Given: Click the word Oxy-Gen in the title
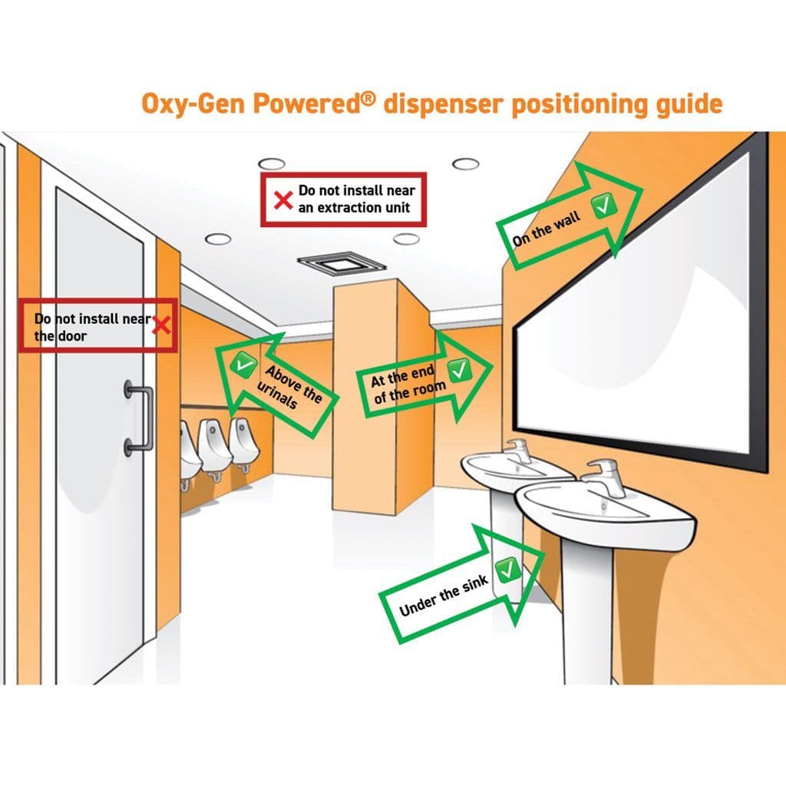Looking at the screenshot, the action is pyautogui.click(x=193, y=104).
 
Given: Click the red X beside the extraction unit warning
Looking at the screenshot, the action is pyautogui.click(x=283, y=200).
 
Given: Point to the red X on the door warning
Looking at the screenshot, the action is pyautogui.click(x=161, y=325).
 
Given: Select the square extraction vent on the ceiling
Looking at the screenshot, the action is pyautogui.click(x=342, y=264).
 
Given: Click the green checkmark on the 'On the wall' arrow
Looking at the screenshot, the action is pyautogui.click(x=603, y=205).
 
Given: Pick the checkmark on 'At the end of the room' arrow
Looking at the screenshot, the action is pyautogui.click(x=459, y=371).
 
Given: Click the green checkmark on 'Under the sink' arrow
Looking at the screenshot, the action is pyautogui.click(x=508, y=570).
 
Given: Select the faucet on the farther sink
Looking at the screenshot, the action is pyautogui.click(x=518, y=450).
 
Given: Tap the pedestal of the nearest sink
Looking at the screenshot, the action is pyautogui.click(x=587, y=612).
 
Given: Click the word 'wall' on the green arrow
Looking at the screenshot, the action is pyautogui.click(x=567, y=221).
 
